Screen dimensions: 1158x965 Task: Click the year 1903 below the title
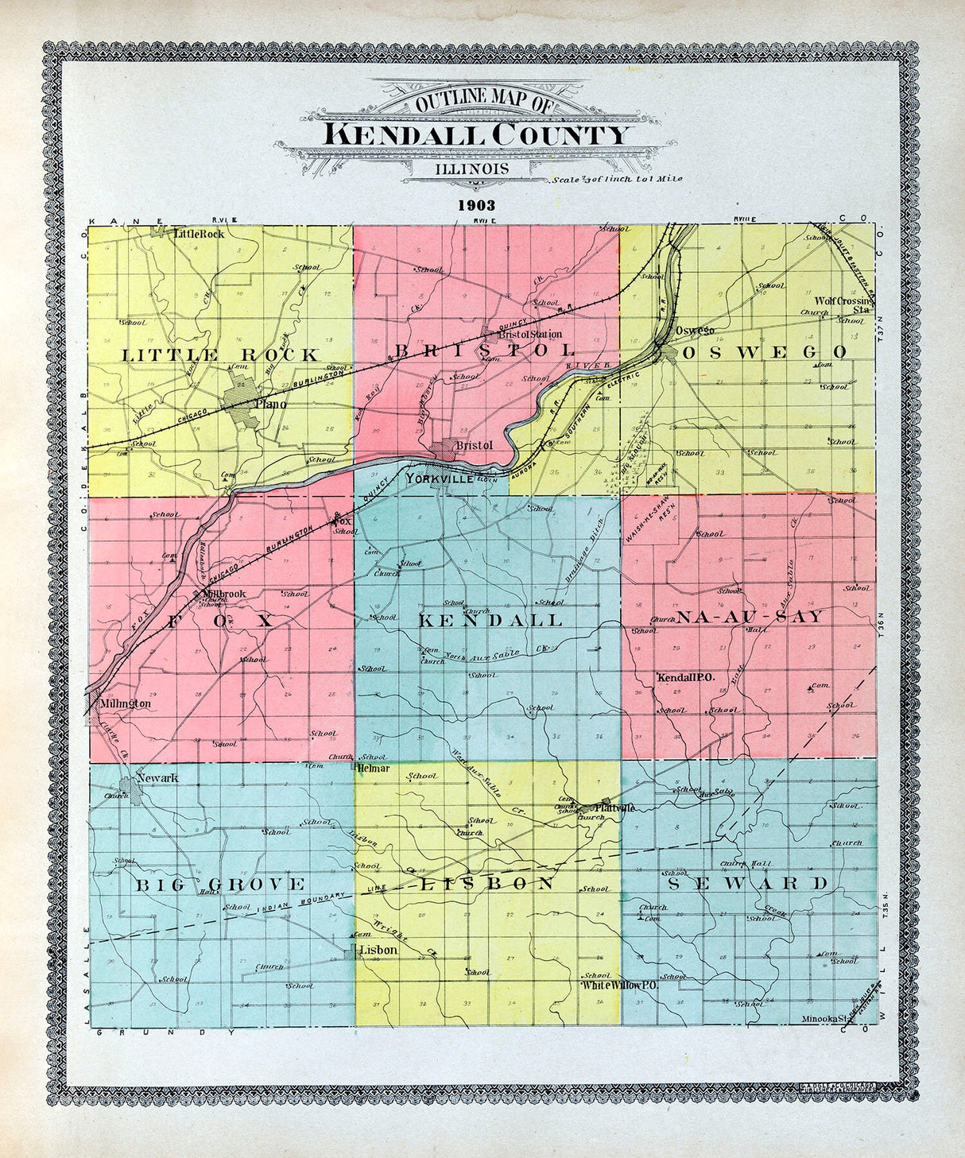point(476,205)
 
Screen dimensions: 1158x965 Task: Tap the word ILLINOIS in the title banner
point(472,169)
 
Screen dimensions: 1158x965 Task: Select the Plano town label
point(270,405)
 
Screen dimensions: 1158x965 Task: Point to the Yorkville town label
point(440,479)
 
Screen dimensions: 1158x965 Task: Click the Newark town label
point(157,777)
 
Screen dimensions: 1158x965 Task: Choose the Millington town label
point(125,703)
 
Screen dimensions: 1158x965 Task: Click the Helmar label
point(374,769)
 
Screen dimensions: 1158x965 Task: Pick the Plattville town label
point(614,808)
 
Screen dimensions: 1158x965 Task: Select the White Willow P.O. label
point(620,985)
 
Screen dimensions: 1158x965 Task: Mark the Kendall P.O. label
point(687,677)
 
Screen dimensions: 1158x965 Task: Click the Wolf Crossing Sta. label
point(843,305)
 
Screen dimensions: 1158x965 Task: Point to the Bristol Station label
point(530,335)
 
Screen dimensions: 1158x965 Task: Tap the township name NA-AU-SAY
point(749,617)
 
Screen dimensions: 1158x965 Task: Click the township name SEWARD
point(747,884)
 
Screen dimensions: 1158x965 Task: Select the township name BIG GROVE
point(219,885)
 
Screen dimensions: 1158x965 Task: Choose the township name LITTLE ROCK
point(219,355)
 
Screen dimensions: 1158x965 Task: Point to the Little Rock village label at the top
point(199,234)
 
